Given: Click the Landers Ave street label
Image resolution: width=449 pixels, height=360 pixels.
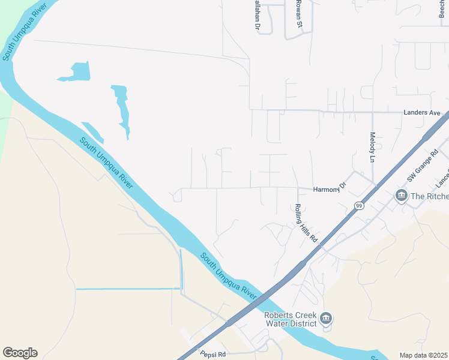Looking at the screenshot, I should (422, 113).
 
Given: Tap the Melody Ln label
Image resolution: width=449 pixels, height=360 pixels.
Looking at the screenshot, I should (372, 148).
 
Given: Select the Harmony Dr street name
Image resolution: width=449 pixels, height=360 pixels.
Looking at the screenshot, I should (330, 188).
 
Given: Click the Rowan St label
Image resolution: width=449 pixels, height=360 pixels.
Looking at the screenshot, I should (298, 13).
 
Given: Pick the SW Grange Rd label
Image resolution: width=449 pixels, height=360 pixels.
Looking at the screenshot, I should (423, 166).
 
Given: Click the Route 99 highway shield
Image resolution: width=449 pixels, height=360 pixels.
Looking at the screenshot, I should (359, 206).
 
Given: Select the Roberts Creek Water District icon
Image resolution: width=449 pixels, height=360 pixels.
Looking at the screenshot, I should (325, 317).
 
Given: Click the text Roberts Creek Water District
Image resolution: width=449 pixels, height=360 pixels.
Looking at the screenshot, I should (291, 320).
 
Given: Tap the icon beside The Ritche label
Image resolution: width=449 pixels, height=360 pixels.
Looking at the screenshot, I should (401, 196).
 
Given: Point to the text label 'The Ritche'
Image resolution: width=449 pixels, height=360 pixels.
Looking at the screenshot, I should (429, 196).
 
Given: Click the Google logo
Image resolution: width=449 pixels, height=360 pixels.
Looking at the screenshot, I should (20, 353).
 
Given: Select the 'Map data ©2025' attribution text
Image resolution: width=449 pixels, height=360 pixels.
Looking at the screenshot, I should (423, 355).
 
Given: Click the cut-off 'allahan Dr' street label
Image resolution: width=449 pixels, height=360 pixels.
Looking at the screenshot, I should (256, 16).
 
